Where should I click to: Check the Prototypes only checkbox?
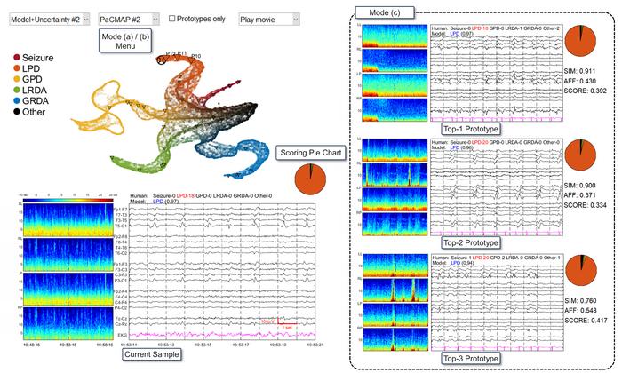pyautogui.click(x=172, y=18)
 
